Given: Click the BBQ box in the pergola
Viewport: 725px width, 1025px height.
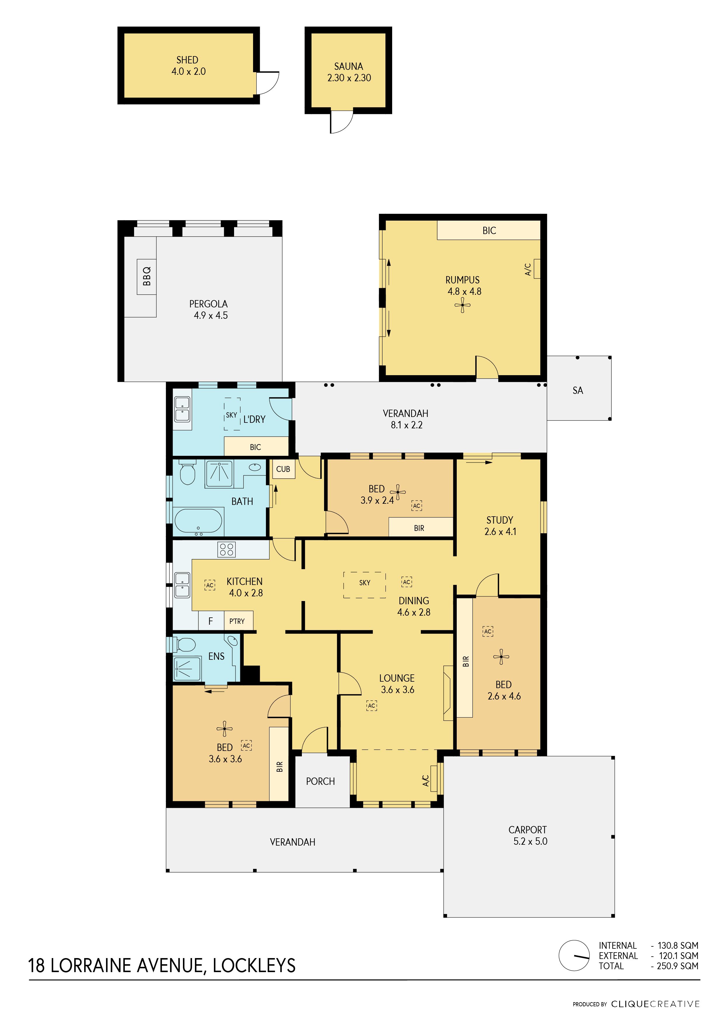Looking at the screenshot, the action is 146,277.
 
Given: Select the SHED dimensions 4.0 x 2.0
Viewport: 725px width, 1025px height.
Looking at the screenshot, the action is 188,71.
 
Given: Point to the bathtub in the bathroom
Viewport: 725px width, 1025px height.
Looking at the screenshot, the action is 198,521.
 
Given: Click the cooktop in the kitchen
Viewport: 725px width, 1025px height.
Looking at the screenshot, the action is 226,550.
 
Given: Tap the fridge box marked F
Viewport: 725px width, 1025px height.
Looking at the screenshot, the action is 211,621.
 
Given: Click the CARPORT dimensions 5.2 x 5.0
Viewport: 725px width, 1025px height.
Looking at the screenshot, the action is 530,842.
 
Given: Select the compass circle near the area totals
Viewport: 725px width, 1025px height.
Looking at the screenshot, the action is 574,955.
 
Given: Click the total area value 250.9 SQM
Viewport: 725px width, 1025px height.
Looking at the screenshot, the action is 677,966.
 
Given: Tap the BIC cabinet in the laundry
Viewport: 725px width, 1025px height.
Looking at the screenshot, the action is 256,446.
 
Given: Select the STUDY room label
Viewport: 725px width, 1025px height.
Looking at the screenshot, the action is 500,520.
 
